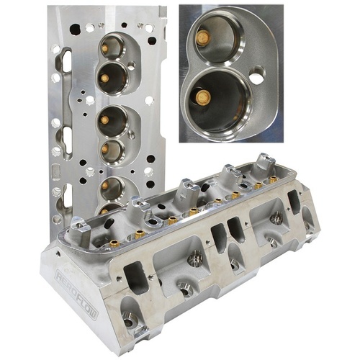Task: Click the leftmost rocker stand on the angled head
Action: [140, 208]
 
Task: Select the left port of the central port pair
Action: [218, 237]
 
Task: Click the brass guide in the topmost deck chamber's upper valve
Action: [106, 48]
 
